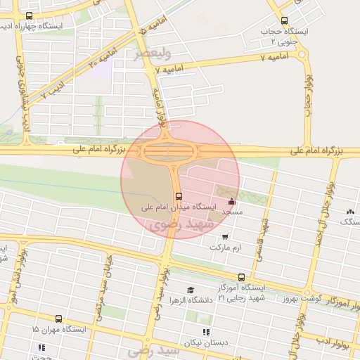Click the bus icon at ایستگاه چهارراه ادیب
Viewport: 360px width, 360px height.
29,15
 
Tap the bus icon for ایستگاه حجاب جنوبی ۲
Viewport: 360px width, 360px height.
284,21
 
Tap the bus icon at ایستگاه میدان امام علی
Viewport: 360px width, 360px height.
179,196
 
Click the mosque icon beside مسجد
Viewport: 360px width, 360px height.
232,202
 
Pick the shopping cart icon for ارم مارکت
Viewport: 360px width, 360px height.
224,237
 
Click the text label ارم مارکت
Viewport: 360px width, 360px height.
224,247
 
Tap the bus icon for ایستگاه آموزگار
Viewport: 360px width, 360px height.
241,277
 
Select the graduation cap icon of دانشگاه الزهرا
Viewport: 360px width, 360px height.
190,290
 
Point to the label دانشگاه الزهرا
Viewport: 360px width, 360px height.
191,300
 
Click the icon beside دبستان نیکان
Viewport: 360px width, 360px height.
206,332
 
